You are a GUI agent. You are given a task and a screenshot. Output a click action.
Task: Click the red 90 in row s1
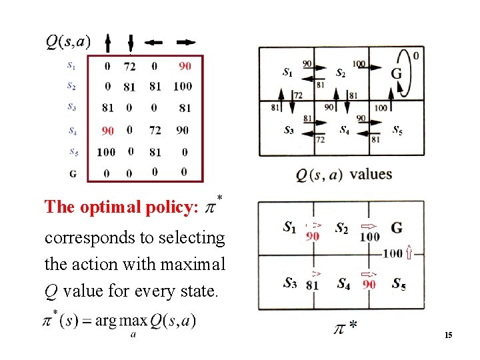point(185,66)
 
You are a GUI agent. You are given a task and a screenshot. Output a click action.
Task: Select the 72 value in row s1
point(129,66)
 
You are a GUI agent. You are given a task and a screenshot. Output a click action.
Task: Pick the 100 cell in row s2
point(182,86)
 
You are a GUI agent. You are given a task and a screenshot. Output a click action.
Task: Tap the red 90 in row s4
point(107,130)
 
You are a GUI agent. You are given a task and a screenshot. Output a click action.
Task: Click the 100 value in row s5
point(106,152)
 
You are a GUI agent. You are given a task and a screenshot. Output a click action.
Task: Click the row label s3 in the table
point(72,106)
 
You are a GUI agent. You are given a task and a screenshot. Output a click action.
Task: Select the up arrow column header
point(108,43)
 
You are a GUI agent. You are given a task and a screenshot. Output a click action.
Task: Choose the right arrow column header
point(187,43)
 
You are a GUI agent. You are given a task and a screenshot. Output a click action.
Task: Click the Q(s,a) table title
point(68,41)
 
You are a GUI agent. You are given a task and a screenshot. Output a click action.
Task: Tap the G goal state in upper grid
point(396,73)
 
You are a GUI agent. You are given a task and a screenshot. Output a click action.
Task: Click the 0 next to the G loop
point(416,56)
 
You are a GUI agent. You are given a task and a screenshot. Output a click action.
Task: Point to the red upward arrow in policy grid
point(409,253)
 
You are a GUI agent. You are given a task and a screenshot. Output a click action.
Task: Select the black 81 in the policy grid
point(312,286)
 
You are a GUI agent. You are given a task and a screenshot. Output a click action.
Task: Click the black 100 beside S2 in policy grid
point(369,237)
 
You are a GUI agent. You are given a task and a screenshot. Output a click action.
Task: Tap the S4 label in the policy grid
point(344,284)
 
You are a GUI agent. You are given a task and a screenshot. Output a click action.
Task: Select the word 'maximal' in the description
point(193,265)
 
